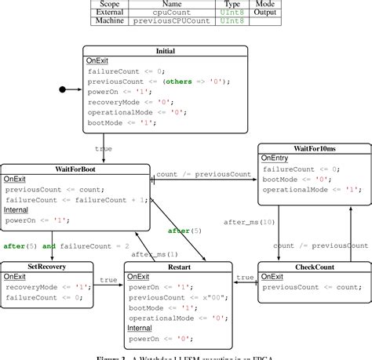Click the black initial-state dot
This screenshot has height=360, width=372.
point(62,90)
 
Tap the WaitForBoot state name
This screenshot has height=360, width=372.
point(75,169)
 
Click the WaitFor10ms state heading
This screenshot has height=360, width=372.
point(315,148)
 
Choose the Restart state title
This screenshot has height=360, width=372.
point(178,267)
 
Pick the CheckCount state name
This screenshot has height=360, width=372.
point(315,267)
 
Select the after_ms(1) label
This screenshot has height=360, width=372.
point(154,254)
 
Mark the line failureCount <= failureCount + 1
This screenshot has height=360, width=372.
point(75,199)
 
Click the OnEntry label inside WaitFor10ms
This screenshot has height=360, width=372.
point(275,158)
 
